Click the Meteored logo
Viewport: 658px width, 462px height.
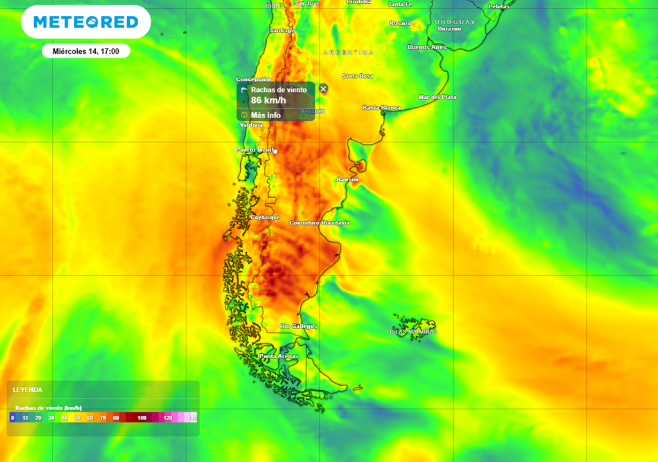[x=86, y=22]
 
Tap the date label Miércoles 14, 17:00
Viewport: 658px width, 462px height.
[x=86, y=51]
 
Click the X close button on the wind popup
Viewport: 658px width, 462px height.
[x=323, y=89]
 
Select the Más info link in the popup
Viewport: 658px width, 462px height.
[x=265, y=115]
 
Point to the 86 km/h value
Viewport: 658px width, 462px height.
[x=268, y=101]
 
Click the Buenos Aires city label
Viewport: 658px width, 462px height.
[x=427, y=47]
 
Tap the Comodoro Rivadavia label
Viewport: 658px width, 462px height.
[x=319, y=223]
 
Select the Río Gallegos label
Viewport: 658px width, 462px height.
[x=298, y=327]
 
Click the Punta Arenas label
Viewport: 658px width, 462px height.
[x=278, y=356]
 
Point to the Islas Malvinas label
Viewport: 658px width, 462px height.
[x=413, y=332]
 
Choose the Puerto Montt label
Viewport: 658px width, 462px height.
[x=254, y=150]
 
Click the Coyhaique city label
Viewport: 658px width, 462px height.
[x=265, y=218]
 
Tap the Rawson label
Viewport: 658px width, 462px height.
[x=348, y=180]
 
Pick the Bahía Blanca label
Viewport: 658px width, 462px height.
[x=381, y=108]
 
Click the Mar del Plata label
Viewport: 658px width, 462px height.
[x=437, y=97]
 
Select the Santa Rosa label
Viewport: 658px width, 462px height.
[x=357, y=76]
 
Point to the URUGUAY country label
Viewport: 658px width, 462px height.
[x=454, y=22]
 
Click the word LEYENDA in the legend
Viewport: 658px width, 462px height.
[x=28, y=389]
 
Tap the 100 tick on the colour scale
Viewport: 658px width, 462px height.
[x=141, y=418]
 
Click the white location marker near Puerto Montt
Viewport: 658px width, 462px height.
[x=275, y=151]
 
